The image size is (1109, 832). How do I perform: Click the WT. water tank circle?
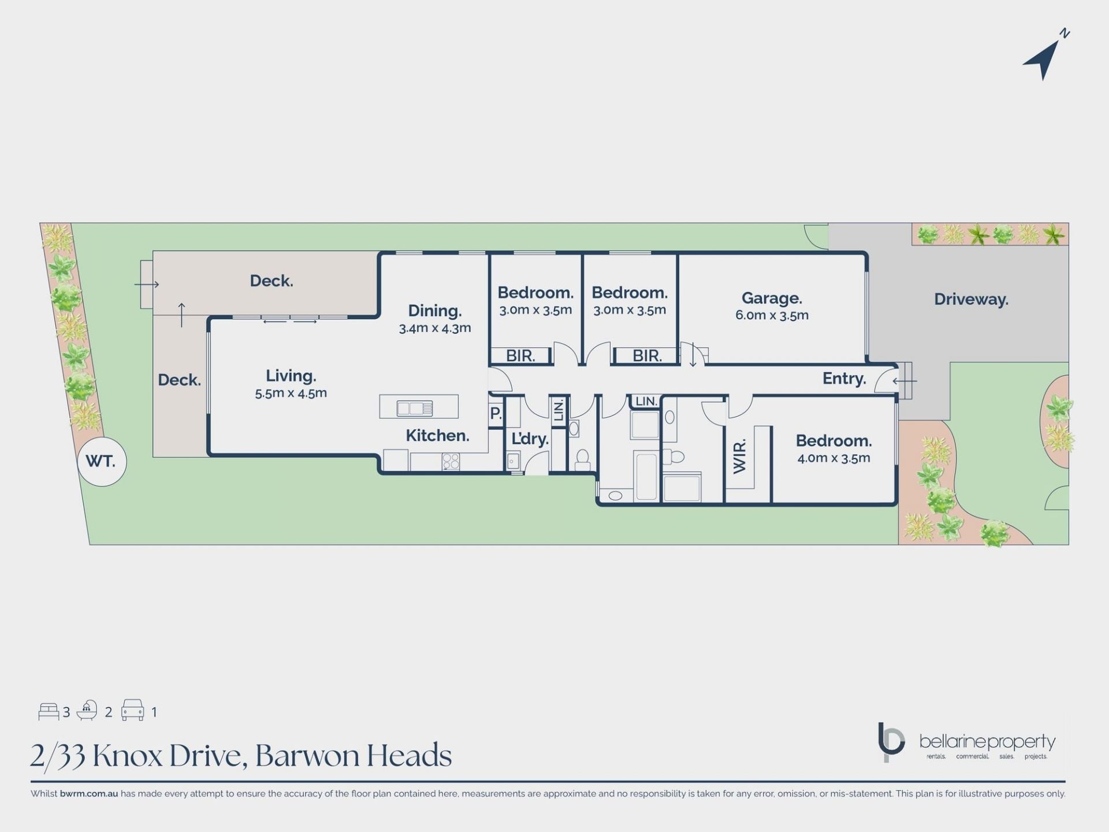pos(102,462)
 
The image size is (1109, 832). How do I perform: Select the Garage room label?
pos(772,298)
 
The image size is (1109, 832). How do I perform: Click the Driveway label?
pos(971,299)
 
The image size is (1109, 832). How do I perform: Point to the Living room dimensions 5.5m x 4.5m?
pos(291,393)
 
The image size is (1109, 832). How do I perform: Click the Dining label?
pos(435,311)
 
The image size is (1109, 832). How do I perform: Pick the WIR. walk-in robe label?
pos(740,456)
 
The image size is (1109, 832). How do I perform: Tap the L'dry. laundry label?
pos(530,439)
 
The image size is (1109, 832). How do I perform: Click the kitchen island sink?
pos(415,408)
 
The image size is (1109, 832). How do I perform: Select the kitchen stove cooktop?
pos(451,461)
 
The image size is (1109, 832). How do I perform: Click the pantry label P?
pos(496,414)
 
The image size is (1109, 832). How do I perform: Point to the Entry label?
pos(844,379)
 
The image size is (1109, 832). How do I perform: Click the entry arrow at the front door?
pos(905,381)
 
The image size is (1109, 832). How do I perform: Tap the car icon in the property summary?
pos(132,710)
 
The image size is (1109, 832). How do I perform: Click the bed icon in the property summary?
pos(49,712)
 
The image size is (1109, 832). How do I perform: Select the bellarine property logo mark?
pos(891,742)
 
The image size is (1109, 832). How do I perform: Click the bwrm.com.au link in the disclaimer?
pos(89,794)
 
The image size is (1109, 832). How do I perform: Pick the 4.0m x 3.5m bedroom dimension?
pos(833,458)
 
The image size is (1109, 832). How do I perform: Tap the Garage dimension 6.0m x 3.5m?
pos(772,315)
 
